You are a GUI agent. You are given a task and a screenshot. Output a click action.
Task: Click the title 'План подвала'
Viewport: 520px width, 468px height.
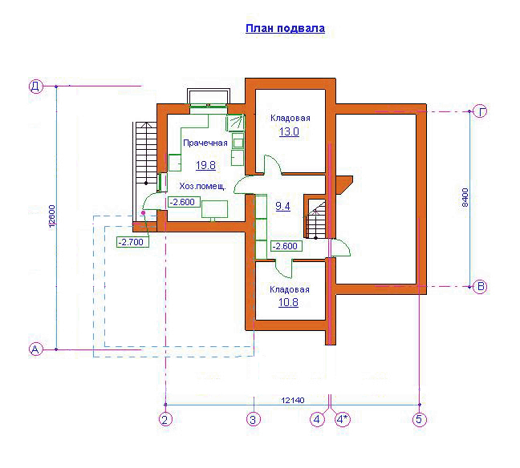285,29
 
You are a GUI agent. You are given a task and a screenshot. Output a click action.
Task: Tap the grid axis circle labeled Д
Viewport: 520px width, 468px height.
36,87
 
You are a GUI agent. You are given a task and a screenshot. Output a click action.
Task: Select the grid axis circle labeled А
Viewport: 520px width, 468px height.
36,349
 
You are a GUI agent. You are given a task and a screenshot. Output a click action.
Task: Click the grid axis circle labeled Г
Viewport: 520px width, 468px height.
480,111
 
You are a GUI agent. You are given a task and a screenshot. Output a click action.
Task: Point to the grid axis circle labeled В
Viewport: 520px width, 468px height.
480,287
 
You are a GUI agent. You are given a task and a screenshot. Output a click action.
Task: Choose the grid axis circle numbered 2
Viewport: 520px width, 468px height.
165,419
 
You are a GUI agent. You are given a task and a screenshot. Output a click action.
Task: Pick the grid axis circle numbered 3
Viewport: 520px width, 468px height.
254,419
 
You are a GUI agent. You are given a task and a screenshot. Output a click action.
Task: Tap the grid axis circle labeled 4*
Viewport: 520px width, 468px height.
343,419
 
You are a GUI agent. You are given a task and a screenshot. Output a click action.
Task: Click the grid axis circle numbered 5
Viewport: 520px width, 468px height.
419,419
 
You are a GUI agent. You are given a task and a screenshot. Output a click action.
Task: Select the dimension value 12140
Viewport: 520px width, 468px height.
292,400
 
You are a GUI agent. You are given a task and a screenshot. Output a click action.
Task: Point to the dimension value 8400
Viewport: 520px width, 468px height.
465,197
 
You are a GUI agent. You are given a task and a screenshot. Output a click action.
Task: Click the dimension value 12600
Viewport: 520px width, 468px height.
51,217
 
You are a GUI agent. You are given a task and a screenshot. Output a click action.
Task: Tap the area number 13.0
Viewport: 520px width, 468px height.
289,131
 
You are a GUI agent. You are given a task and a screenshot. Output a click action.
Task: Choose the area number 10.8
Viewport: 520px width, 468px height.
288,302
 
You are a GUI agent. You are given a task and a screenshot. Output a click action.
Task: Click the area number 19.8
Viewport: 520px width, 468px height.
205,165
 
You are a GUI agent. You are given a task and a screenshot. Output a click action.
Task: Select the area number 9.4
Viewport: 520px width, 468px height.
283,206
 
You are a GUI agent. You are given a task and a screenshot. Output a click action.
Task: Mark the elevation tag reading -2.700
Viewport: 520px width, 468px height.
132,242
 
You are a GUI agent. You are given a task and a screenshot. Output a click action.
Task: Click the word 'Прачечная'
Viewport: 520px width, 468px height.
205,143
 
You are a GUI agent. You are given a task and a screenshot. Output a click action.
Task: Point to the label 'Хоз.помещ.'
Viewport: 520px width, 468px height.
203,186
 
